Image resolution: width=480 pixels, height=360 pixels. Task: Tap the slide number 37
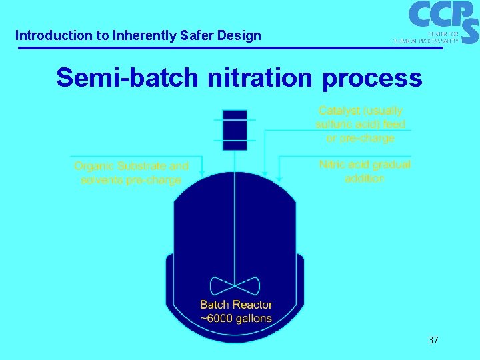[x=433, y=340]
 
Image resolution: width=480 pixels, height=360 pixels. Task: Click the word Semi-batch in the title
[x=127, y=78]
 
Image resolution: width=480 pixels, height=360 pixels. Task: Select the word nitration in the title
[x=261, y=78]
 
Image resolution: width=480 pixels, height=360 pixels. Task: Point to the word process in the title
[x=372, y=79]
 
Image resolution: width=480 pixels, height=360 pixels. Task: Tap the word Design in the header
[x=242, y=35]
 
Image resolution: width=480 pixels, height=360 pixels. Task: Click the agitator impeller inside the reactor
[x=235, y=286]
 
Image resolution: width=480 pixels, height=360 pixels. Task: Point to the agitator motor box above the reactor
[x=235, y=129]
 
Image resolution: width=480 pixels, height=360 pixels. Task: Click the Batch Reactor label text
[x=236, y=305]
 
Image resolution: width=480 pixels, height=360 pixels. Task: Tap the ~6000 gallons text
[x=236, y=318]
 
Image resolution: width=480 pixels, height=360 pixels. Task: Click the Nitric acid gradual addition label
[x=365, y=171]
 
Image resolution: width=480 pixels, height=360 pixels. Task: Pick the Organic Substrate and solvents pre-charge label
[x=131, y=173]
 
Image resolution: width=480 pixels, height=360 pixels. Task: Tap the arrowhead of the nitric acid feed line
[x=279, y=178]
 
